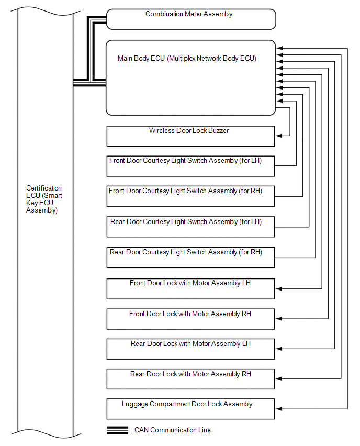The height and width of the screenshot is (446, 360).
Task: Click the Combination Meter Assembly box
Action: (190, 19)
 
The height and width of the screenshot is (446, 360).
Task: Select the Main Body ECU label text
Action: (187, 59)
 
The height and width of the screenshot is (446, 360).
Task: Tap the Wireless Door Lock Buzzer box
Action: (190, 136)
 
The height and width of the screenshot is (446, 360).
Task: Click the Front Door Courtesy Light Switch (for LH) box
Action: (190, 166)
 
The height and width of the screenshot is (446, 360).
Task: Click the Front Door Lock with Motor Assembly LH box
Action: (190, 288)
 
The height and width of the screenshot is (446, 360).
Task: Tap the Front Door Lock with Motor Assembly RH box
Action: (190, 319)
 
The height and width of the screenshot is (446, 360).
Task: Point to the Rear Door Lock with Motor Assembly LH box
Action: (190, 349)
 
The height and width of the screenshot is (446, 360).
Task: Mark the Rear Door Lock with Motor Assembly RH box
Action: (190, 379)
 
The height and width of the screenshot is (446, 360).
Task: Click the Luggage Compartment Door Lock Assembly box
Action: (190, 409)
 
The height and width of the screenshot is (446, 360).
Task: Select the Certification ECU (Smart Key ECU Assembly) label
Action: (44, 199)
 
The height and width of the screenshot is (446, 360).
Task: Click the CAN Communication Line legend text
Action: (171, 430)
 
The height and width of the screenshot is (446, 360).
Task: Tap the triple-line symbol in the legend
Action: (117, 430)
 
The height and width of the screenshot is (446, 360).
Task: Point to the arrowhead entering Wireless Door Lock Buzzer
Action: (278, 136)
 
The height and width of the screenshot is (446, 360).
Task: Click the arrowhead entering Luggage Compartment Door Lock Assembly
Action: (278, 409)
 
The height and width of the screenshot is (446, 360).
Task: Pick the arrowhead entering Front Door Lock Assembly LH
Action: (278, 288)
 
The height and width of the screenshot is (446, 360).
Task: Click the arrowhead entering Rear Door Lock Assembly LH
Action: (278, 349)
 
